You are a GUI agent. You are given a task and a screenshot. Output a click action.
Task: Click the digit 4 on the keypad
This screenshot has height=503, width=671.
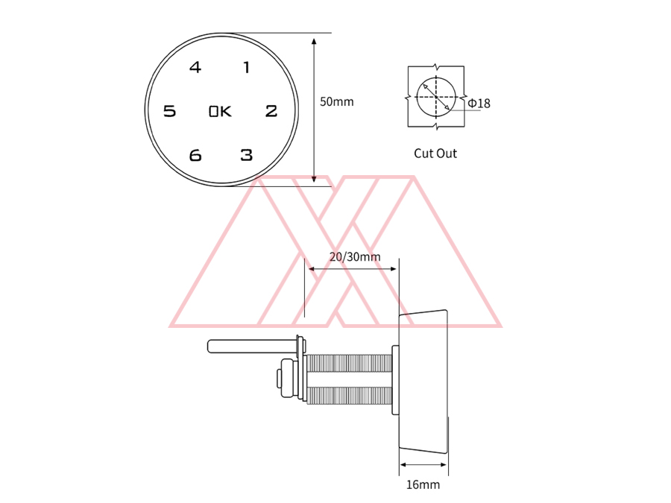click(195, 67)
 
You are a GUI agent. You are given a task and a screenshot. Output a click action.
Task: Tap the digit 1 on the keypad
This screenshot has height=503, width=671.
click(246, 67)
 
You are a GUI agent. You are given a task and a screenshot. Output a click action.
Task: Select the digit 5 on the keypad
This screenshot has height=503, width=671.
click(169, 111)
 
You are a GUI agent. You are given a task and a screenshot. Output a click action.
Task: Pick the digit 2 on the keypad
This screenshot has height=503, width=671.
click(271, 111)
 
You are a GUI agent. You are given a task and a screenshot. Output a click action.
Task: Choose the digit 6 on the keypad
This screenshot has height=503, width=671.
click(195, 155)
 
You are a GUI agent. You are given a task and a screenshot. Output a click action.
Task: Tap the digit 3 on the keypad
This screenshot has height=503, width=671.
click(247, 155)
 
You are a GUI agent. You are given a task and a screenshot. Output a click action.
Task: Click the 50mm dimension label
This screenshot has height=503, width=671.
click(337, 102)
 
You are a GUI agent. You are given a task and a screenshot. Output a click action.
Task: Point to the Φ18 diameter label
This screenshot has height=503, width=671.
click(479, 103)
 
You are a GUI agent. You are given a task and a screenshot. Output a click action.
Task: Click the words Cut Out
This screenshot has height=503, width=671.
click(435, 153)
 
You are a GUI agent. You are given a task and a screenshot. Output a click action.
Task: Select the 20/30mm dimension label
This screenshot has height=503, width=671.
click(355, 256)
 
